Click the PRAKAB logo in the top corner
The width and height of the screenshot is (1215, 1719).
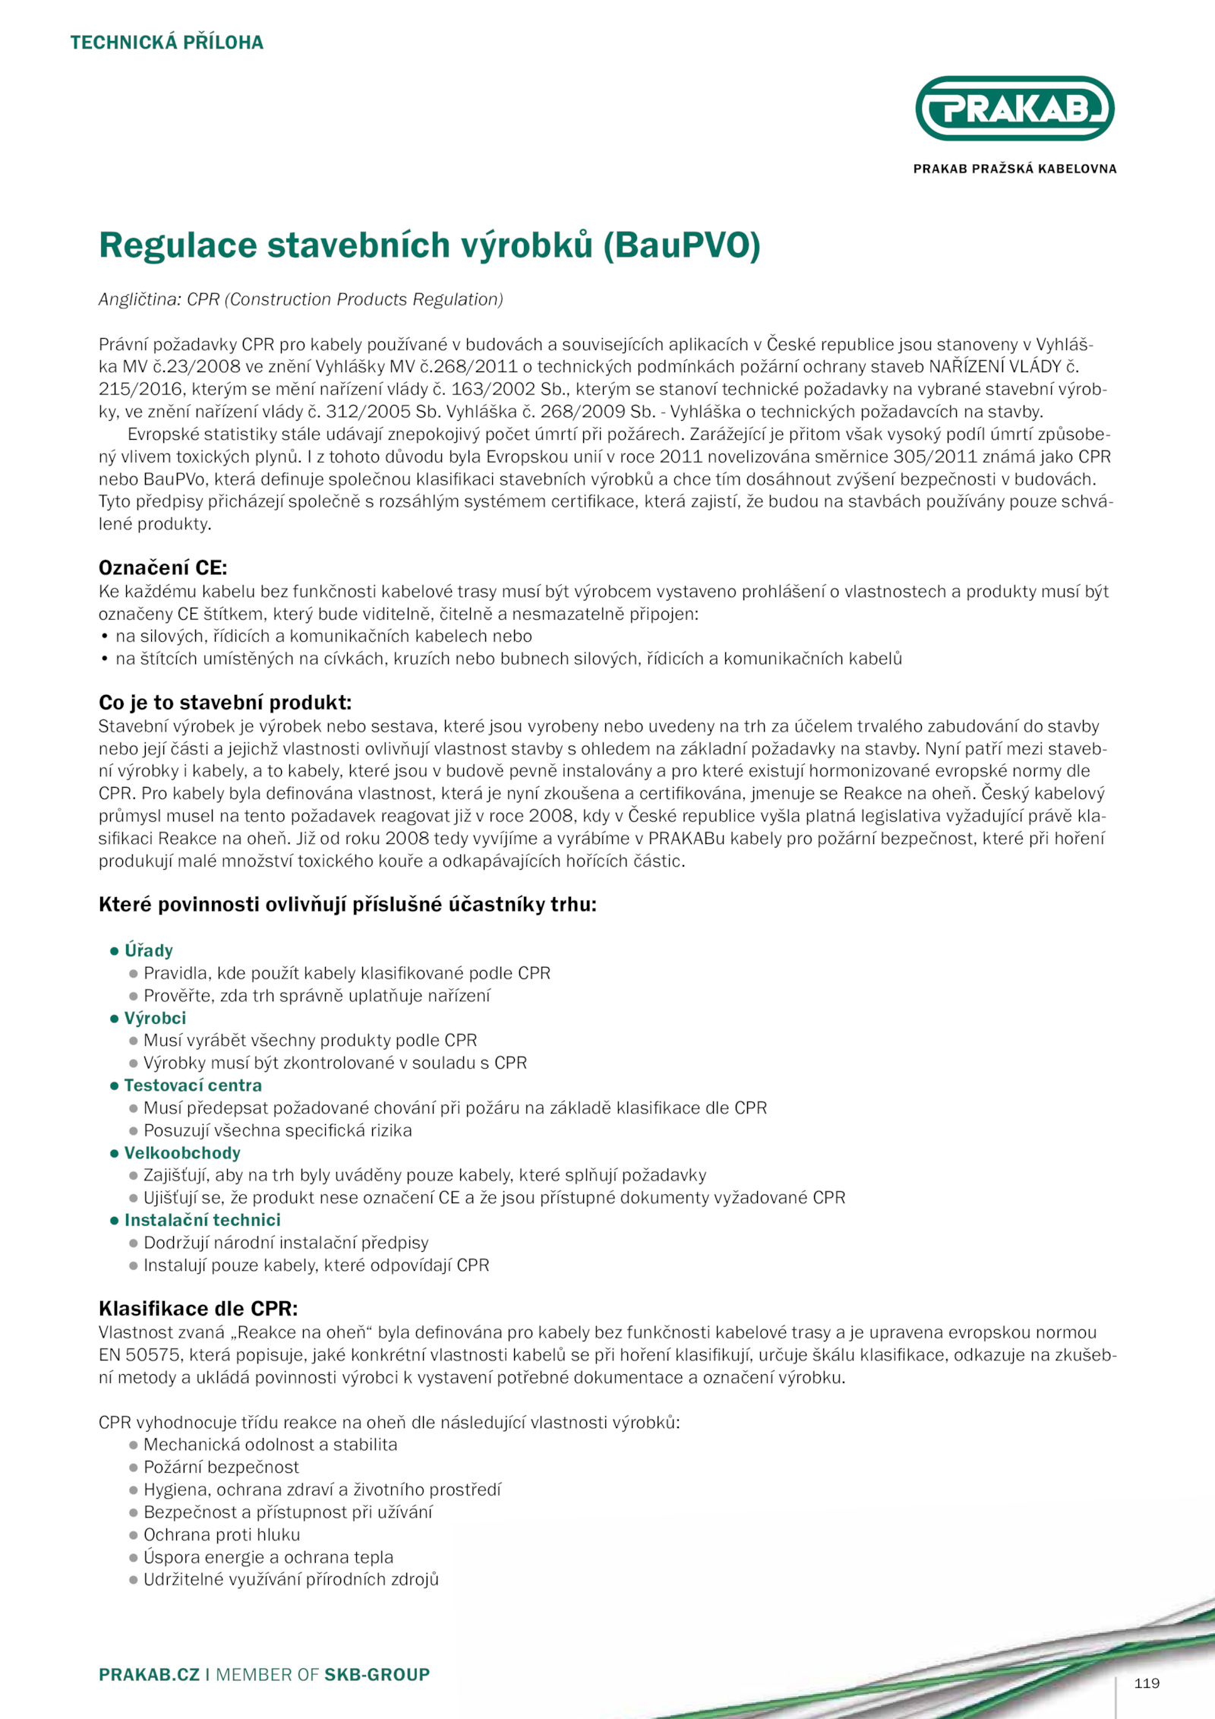point(1015,109)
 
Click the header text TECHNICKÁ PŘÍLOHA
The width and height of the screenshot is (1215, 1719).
point(167,43)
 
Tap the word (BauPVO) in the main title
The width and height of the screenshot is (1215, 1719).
point(682,245)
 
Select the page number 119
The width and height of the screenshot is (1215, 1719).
point(1146,1683)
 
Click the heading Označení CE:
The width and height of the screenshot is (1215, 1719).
point(163,567)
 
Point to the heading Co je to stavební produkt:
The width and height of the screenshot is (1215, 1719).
point(225,702)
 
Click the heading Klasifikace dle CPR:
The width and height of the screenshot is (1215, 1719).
point(198,1308)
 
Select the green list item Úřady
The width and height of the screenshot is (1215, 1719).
point(149,950)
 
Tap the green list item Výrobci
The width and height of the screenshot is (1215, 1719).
point(155,1018)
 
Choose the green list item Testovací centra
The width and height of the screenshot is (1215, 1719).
point(193,1085)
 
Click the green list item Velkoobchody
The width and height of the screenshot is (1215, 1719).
point(182,1153)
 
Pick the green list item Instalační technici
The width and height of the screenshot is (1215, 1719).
point(202,1220)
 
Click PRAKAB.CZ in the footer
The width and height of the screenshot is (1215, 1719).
point(149,1674)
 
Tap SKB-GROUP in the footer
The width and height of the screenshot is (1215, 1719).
point(377,1674)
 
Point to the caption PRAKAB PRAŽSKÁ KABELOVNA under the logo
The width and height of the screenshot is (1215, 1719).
point(1015,169)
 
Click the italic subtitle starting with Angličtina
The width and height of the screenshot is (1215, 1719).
point(301,299)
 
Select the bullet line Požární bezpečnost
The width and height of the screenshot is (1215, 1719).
point(221,1467)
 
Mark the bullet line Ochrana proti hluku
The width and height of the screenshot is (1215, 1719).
point(222,1534)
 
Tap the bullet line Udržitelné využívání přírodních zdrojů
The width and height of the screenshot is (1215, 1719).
point(291,1579)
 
